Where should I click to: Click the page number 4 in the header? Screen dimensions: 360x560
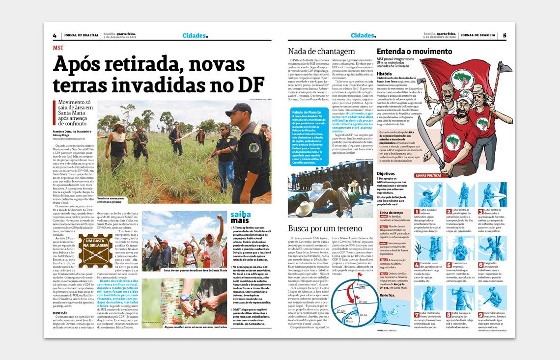point(55,35)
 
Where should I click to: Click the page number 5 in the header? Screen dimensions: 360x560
point(504,35)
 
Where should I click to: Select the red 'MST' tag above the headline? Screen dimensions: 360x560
point(58,48)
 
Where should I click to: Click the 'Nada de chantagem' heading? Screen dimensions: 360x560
point(321,51)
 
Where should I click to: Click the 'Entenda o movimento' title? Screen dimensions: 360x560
point(414,51)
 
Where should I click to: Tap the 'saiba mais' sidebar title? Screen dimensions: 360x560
point(241,218)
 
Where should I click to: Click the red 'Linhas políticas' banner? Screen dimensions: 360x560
point(428,175)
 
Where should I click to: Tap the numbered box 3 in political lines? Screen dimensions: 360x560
point(482,211)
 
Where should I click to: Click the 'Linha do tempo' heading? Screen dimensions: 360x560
point(392,213)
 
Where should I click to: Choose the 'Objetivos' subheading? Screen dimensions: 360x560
point(386,173)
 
